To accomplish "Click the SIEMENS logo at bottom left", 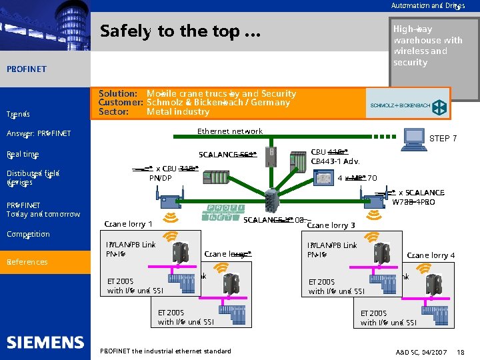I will pos(45,342).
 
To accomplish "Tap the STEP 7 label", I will pos(443,139).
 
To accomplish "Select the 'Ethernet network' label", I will pos(230,131).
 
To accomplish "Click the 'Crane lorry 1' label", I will pos(129,224).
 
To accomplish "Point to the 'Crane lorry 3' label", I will pos(331,225).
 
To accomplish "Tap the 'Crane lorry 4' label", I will pos(431,255).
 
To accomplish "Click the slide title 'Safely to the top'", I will pos(181,31).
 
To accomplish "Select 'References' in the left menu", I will pos(27,262).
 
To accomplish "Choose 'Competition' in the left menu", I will pos(28,235).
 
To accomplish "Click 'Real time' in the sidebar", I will pos(23,155).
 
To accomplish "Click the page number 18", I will pos(461,351).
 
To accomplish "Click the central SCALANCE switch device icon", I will pos(271,199).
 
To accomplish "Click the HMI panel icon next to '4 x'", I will pos(324,179).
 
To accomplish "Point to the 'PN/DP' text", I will pos(160,178).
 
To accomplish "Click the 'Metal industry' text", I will pos(178,112).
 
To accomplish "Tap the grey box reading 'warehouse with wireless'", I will pos(427,45).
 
